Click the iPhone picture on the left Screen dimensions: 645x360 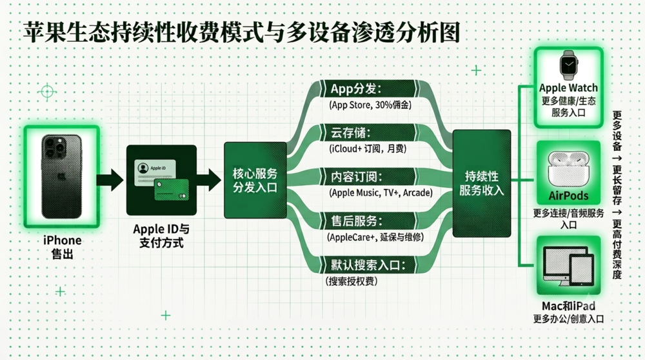coord(62,176)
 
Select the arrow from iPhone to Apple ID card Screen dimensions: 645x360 coord(110,180)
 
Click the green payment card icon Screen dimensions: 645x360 coord(172,190)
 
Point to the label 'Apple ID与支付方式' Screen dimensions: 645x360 coord(161,235)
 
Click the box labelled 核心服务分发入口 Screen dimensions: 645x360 coord(255,180)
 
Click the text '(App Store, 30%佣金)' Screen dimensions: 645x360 coord(370,105)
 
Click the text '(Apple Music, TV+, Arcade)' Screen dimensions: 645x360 coord(381,192)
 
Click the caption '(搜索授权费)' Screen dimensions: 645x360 coord(352,281)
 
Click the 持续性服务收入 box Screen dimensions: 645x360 coord(482,183)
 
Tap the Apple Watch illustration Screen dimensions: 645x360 coord(568,65)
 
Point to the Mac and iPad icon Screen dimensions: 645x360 coord(568,266)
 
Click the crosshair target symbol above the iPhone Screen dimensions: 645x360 coord(47,92)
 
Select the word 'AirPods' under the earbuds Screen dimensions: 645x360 coord(568,196)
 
